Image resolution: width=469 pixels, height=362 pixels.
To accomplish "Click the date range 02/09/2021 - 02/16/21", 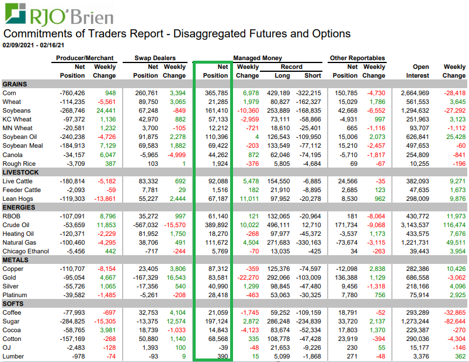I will (x=34, y=45).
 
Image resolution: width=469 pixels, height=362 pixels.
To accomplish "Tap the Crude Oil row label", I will (x=16, y=225).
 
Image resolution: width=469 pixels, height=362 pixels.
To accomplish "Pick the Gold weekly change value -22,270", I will (x=247, y=277).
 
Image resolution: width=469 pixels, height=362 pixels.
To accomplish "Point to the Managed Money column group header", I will (x=257, y=58).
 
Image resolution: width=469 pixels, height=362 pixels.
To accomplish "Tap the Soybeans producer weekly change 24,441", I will (x=105, y=110).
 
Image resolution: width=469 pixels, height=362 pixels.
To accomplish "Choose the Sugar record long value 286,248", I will (x=279, y=322).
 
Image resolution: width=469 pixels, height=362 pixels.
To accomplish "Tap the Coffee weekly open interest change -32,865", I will (x=454, y=313).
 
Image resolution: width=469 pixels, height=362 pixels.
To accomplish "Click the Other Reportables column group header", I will (x=357, y=58).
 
